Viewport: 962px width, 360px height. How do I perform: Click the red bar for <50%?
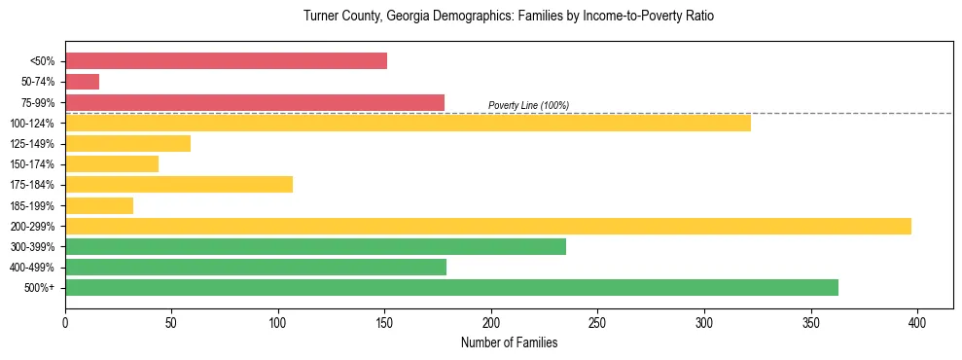(x=226, y=61)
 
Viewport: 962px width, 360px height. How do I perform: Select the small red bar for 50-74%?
(x=82, y=82)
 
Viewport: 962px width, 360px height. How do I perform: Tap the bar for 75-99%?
(x=255, y=102)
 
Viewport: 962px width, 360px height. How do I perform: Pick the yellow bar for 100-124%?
(x=408, y=123)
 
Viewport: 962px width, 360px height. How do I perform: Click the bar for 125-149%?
(x=127, y=144)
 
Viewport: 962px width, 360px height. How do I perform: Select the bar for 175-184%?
(x=179, y=185)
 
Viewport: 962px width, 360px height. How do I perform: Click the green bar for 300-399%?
(x=315, y=246)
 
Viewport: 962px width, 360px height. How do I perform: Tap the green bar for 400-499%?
(x=256, y=267)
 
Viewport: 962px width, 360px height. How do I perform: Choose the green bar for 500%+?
(x=451, y=287)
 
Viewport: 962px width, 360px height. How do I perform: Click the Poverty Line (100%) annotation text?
(x=528, y=105)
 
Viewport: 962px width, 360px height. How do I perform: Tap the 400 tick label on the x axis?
(x=917, y=321)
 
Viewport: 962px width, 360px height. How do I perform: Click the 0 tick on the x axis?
(x=65, y=321)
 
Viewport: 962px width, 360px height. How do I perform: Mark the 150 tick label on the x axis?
(x=385, y=321)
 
